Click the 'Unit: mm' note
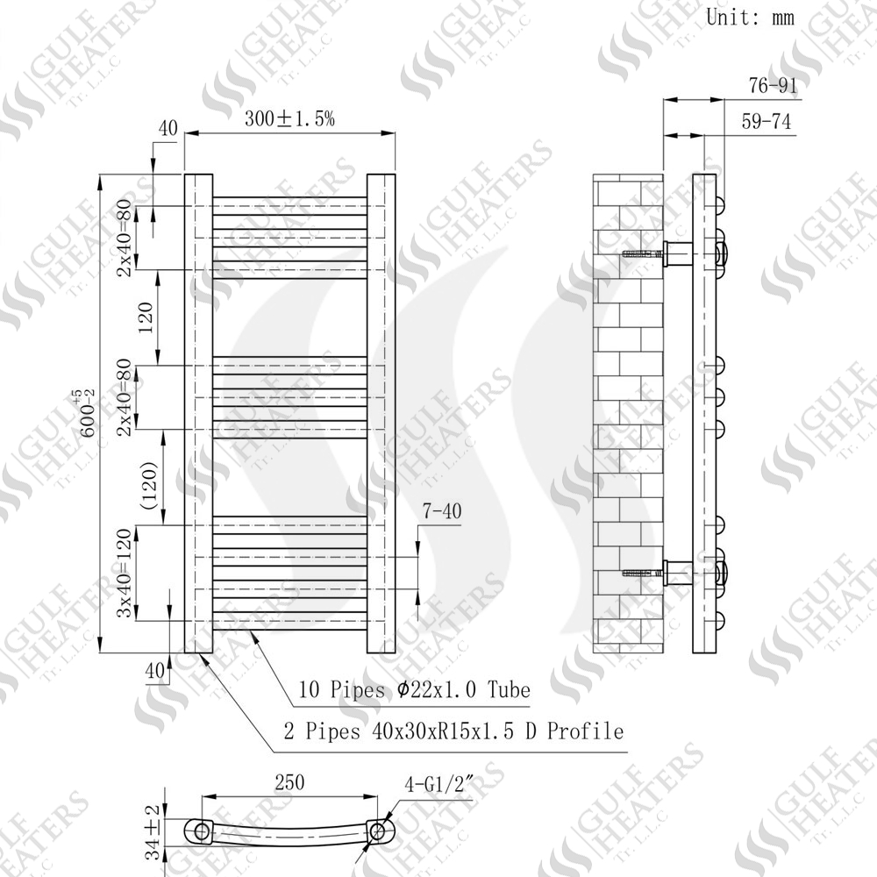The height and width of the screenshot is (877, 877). [750, 18]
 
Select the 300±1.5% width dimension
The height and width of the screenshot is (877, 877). [289, 118]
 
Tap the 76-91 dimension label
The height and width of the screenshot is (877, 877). [773, 86]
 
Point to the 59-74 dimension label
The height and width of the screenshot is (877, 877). [766, 121]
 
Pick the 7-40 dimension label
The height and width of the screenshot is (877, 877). [442, 510]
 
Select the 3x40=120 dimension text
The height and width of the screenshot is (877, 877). [125, 573]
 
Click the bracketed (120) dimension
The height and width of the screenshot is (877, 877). [149, 485]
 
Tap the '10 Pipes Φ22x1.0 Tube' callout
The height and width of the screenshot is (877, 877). [414, 689]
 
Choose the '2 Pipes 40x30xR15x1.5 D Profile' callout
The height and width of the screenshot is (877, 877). [453, 731]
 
